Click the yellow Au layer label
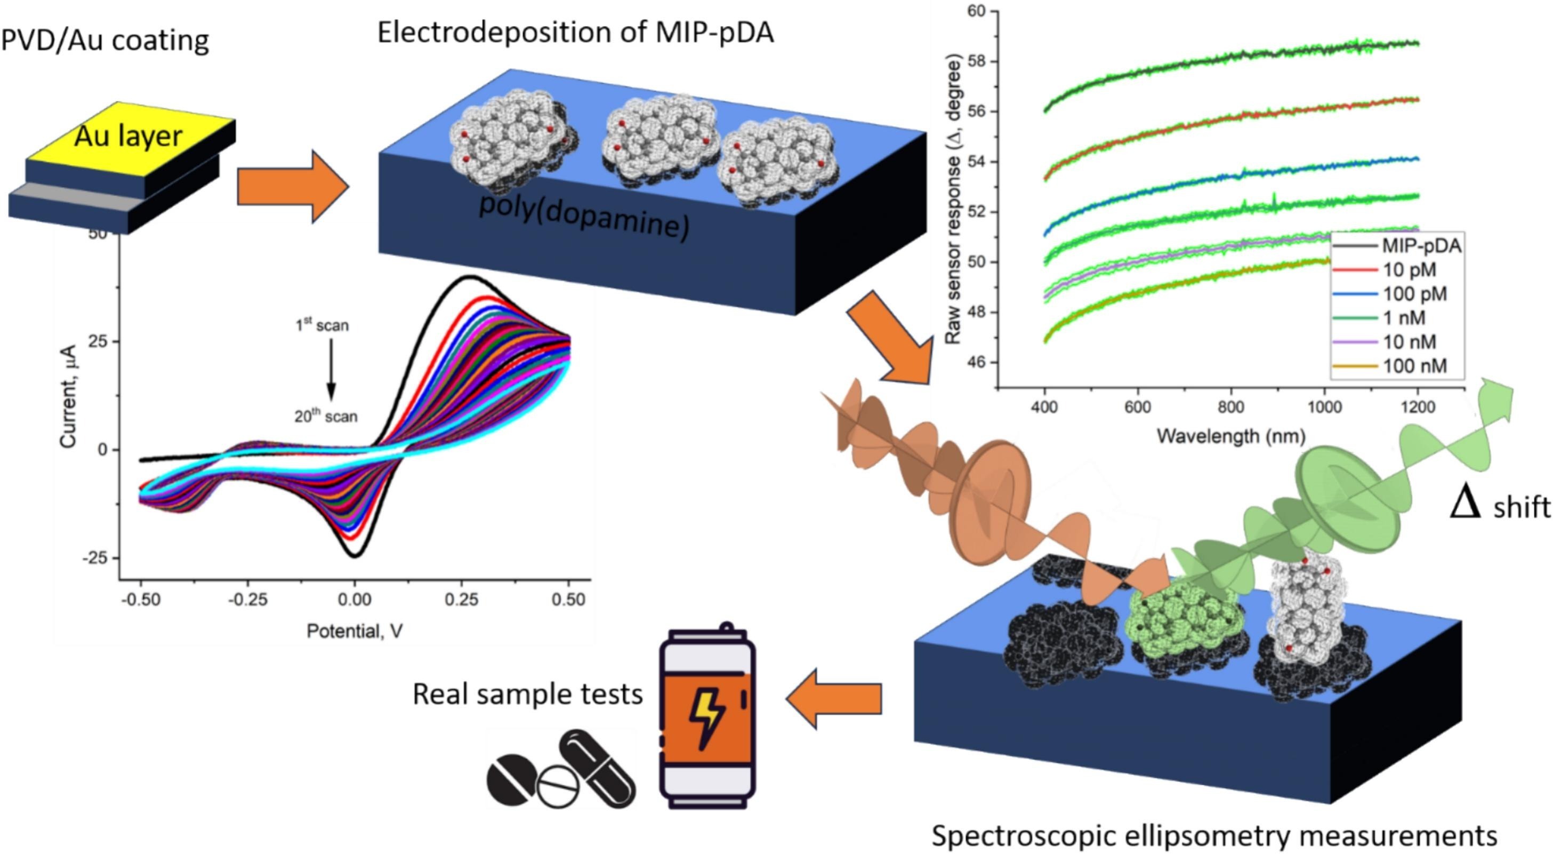tap(128, 137)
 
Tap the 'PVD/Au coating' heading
tap(105, 41)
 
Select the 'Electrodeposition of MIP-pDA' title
tap(575, 32)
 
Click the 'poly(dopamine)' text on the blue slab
tap(584, 217)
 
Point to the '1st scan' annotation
tap(322, 325)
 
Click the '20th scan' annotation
tap(326, 416)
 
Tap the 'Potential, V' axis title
tap(355, 631)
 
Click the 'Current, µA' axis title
tap(69, 396)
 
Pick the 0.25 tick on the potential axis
tap(461, 600)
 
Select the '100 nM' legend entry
tap(1414, 366)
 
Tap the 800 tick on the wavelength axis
tap(1230, 408)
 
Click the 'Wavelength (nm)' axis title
tap(1230, 435)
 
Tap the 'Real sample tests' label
tap(527, 694)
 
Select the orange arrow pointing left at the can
tap(834, 698)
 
